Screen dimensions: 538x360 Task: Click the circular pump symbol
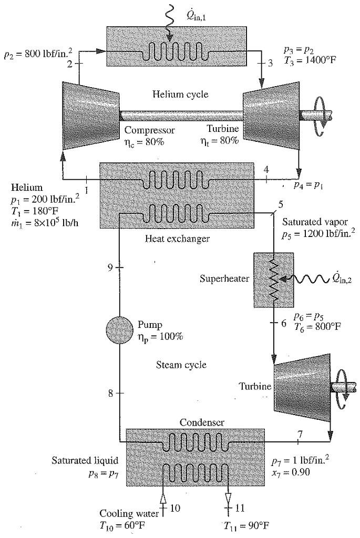coord(120,330)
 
